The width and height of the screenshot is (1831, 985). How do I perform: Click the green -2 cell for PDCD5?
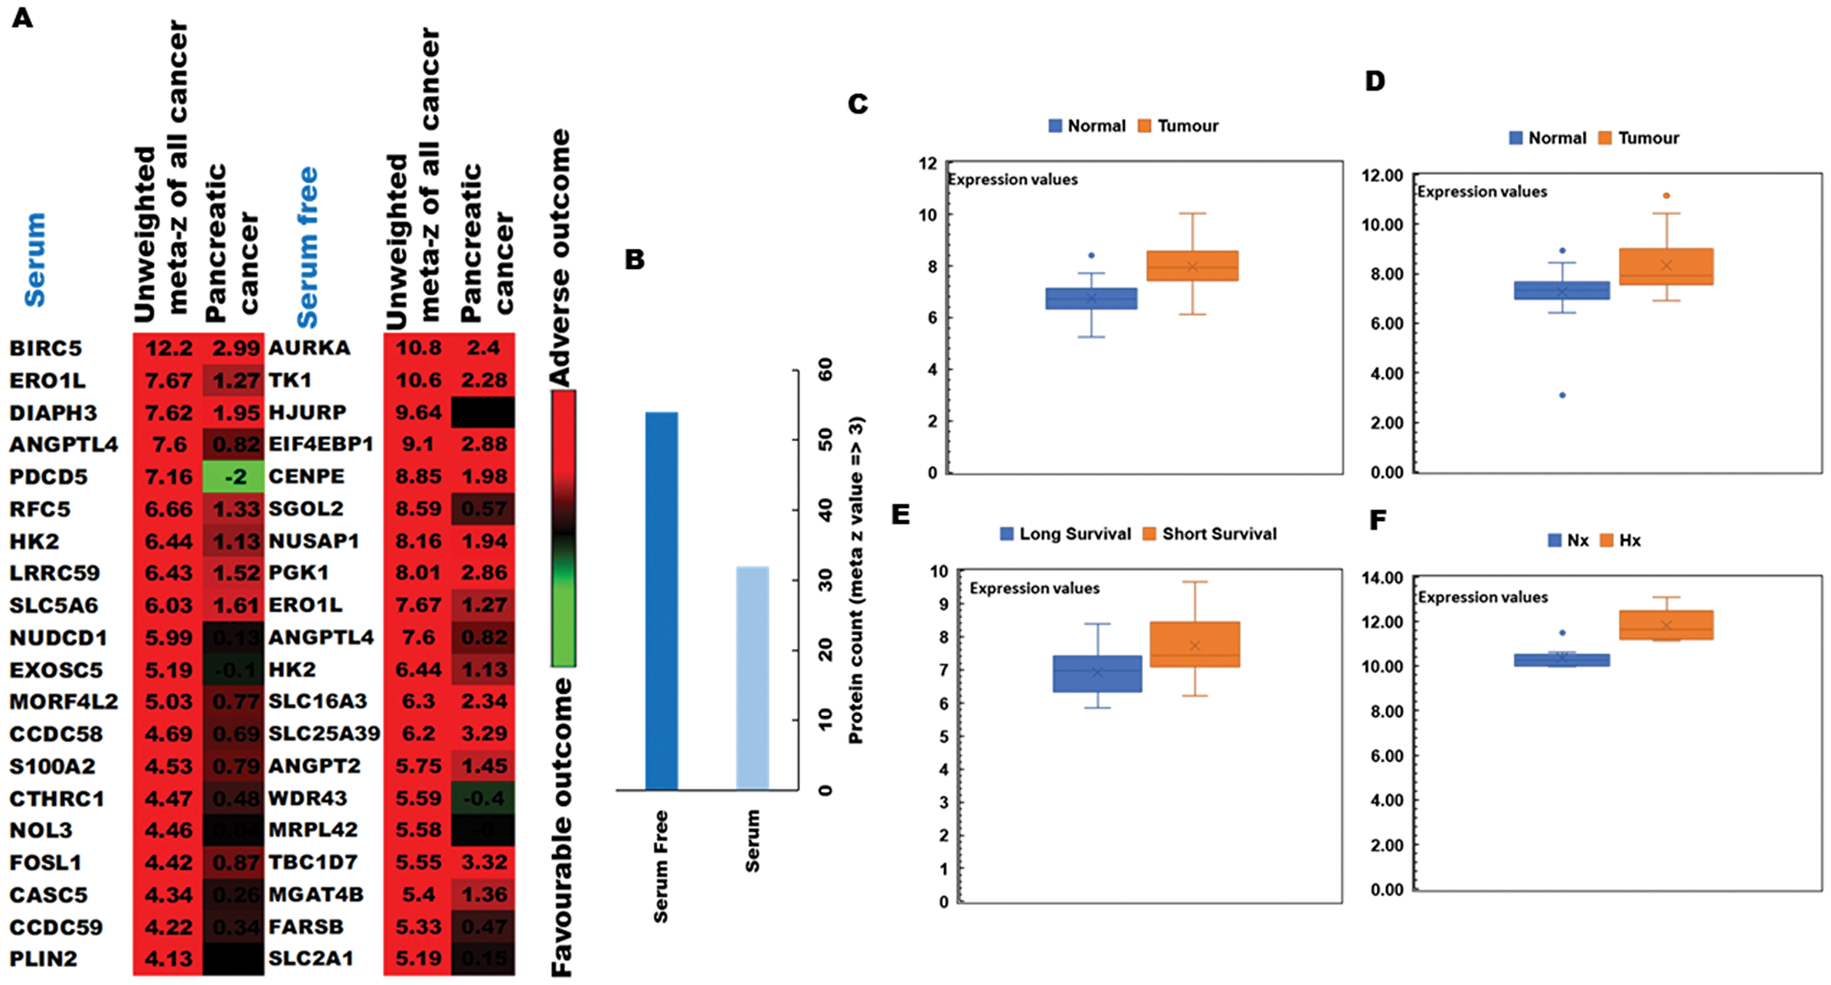point(234,477)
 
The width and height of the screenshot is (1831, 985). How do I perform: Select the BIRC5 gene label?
point(46,349)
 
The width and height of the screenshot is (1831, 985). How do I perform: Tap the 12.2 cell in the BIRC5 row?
point(168,349)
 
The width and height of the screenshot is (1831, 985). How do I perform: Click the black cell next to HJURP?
point(482,413)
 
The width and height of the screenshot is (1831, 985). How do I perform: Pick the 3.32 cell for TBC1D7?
point(484,862)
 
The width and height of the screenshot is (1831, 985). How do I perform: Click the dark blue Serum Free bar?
point(661,601)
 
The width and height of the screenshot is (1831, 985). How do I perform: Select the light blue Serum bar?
point(753,677)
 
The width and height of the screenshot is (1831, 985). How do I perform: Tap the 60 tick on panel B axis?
point(826,370)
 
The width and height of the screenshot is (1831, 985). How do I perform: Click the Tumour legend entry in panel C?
point(1178,126)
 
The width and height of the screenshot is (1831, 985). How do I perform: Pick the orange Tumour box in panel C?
point(1192,265)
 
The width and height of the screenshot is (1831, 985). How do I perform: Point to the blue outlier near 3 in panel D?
point(1562,395)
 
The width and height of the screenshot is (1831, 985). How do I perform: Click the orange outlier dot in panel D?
point(1666,196)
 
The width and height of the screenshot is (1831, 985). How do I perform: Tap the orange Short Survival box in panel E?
point(1195,644)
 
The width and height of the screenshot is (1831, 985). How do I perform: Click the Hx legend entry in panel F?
point(1620,540)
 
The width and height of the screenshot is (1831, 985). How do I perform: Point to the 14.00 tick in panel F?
point(1381,578)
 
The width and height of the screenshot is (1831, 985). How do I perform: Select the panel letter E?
point(901,514)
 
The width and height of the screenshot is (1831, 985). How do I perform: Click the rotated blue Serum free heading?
point(308,247)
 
